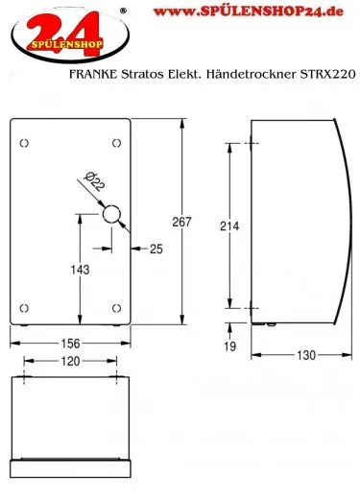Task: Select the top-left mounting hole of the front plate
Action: click(25, 143)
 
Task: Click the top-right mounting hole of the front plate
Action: click(117, 143)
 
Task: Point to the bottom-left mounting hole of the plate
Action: click(25, 307)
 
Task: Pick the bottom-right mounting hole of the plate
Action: click(117, 307)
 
